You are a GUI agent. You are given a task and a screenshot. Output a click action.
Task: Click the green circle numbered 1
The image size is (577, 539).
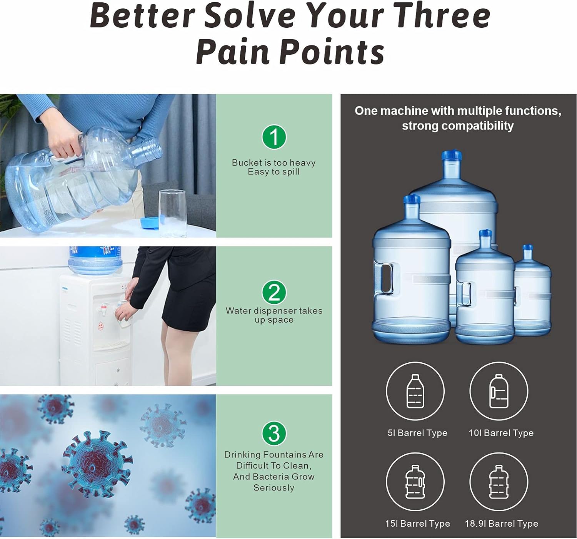tap(274, 137)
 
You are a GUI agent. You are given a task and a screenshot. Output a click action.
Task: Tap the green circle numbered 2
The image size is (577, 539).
tap(274, 292)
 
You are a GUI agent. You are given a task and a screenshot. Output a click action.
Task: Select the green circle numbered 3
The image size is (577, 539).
tap(274, 434)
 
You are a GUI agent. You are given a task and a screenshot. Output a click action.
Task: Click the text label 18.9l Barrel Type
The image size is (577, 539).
tap(502, 524)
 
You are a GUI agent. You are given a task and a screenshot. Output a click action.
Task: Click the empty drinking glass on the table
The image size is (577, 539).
tap(173, 213)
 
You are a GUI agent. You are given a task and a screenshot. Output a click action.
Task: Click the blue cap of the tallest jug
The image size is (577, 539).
tap(452, 155)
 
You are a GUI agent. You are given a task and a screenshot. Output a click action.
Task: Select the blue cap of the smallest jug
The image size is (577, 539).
tap(528, 248)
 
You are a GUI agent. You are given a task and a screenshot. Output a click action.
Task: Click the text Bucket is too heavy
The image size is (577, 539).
tap(273, 162)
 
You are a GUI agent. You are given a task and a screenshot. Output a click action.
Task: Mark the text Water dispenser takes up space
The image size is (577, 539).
tap(274, 315)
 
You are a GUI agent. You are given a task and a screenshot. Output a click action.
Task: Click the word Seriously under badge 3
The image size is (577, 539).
tap(273, 488)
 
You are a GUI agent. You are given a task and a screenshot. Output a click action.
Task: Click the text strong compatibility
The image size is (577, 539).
tap(458, 126)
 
